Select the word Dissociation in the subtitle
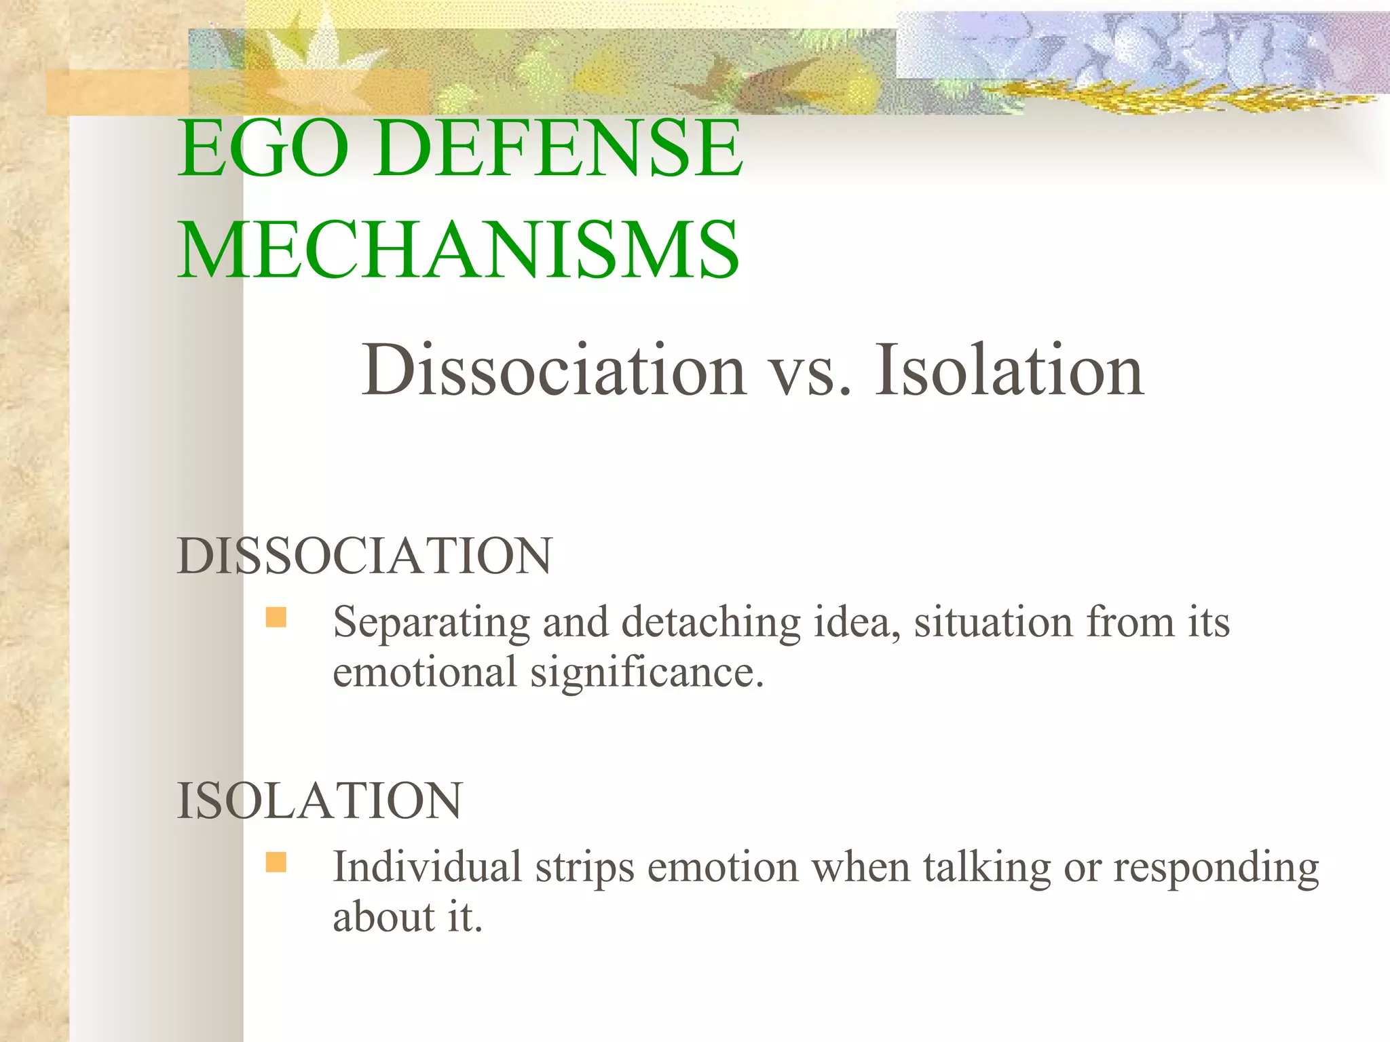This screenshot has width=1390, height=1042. coord(553,370)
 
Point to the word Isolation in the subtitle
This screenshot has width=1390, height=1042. coord(1009,370)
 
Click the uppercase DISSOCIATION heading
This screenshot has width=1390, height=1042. coord(364,556)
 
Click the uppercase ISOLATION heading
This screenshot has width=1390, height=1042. coord(319,801)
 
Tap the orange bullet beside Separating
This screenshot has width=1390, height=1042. coord(276,617)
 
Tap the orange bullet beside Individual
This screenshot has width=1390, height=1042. coord(276,862)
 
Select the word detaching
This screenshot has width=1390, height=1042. coord(711,623)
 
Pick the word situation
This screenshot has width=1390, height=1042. coord(993,621)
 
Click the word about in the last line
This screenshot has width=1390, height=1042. coord(383,917)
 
